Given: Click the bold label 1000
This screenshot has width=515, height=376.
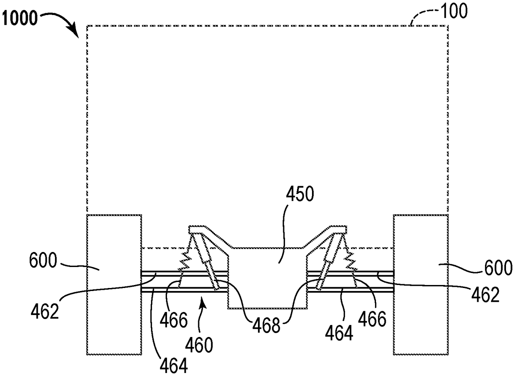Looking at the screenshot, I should (x=21, y=19).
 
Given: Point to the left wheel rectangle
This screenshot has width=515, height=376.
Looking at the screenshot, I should (x=114, y=284).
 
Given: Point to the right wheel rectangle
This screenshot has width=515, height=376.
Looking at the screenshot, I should (x=421, y=284).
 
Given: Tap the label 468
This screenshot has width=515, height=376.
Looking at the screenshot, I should (x=263, y=326).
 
